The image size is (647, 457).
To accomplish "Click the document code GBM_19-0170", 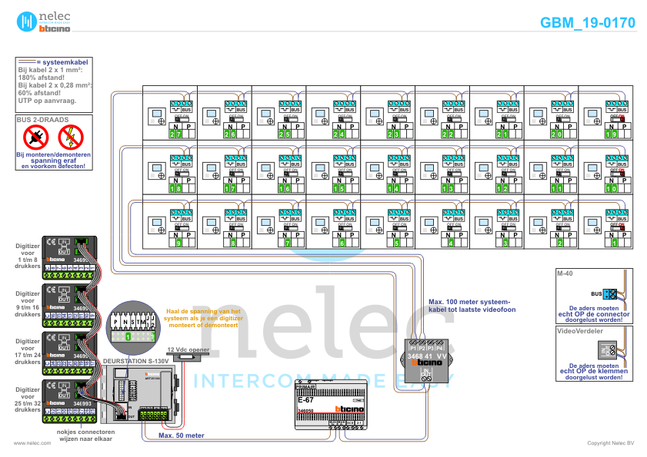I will click(x=588, y=23).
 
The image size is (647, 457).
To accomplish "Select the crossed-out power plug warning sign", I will click(x=36, y=137).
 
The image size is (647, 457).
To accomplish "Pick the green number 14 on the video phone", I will click(x=393, y=188).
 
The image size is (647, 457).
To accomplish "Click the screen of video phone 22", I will click(x=429, y=114).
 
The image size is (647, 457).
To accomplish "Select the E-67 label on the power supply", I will click(x=306, y=400).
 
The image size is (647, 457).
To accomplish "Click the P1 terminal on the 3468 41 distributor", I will click(x=413, y=348).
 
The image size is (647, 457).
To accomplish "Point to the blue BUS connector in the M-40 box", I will click(x=609, y=293).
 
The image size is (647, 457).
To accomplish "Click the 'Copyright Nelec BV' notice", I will click(x=610, y=443).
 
